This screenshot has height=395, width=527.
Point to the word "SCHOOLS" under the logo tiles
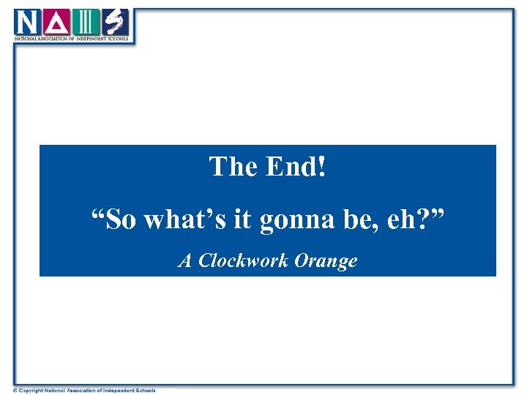tap(117, 38)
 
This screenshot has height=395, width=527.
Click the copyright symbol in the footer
tap(15, 391)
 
